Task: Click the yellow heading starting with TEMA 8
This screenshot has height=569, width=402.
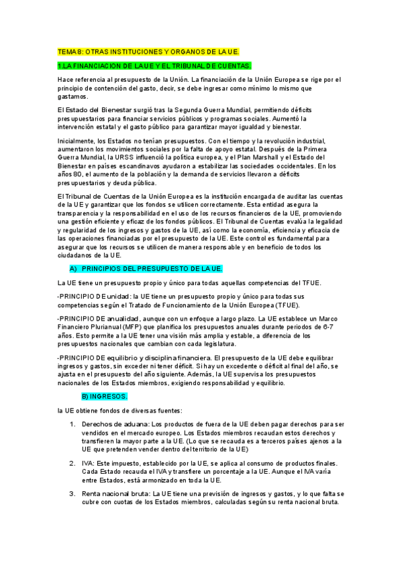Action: point(148,51)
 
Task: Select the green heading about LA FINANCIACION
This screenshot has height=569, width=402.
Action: point(154,66)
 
